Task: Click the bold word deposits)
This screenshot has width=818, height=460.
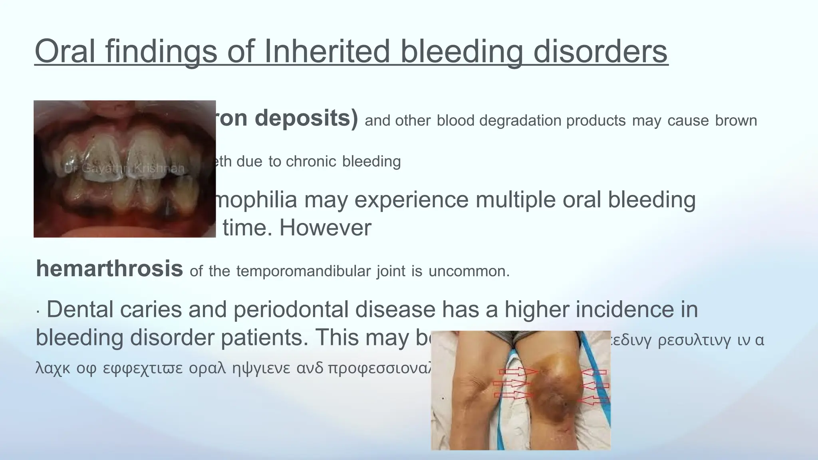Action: click(306, 119)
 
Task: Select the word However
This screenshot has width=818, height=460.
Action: click(325, 228)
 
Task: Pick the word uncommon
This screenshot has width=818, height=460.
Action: click(469, 272)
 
